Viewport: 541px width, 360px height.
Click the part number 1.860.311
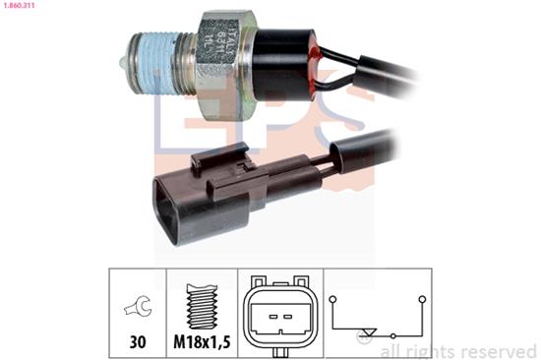click(x=21, y=6)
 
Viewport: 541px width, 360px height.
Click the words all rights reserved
click(x=458, y=351)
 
